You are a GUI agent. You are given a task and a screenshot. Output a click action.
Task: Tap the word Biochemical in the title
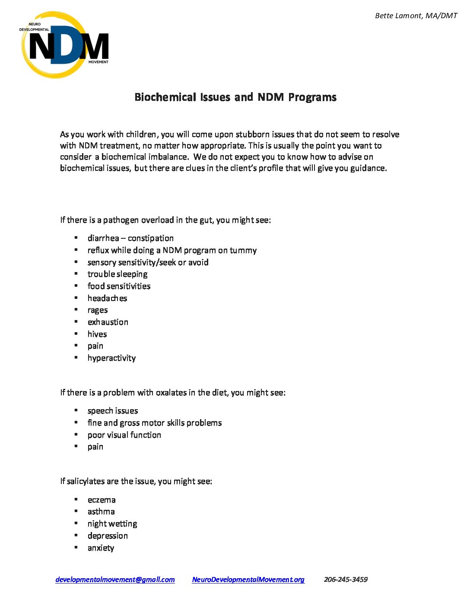point(165,97)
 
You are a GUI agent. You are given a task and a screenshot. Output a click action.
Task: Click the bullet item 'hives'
point(97,334)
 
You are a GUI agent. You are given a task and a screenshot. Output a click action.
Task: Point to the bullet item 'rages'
point(98,310)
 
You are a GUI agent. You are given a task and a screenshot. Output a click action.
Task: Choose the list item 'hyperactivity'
point(111,358)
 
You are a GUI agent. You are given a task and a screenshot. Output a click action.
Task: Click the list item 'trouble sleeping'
point(117,274)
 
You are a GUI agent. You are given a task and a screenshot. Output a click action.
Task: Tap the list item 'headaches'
point(107,298)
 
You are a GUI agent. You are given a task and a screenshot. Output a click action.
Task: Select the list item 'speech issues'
point(113,410)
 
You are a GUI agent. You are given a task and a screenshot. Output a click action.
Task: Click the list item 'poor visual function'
point(124,435)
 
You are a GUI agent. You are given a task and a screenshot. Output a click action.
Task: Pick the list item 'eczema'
point(102,500)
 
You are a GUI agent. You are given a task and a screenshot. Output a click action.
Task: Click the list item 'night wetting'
point(112,524)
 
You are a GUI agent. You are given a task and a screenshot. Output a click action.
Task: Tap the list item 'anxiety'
point(101,548)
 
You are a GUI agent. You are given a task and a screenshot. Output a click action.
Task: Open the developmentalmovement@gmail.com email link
point(115,580)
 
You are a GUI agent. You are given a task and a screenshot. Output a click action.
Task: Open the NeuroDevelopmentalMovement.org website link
point(248,580)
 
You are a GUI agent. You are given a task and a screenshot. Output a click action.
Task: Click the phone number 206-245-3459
point(346,580)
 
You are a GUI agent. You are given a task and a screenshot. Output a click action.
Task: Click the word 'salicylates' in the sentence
point(86,481)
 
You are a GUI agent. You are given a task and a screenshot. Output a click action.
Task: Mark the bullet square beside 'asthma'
point(76,511)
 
